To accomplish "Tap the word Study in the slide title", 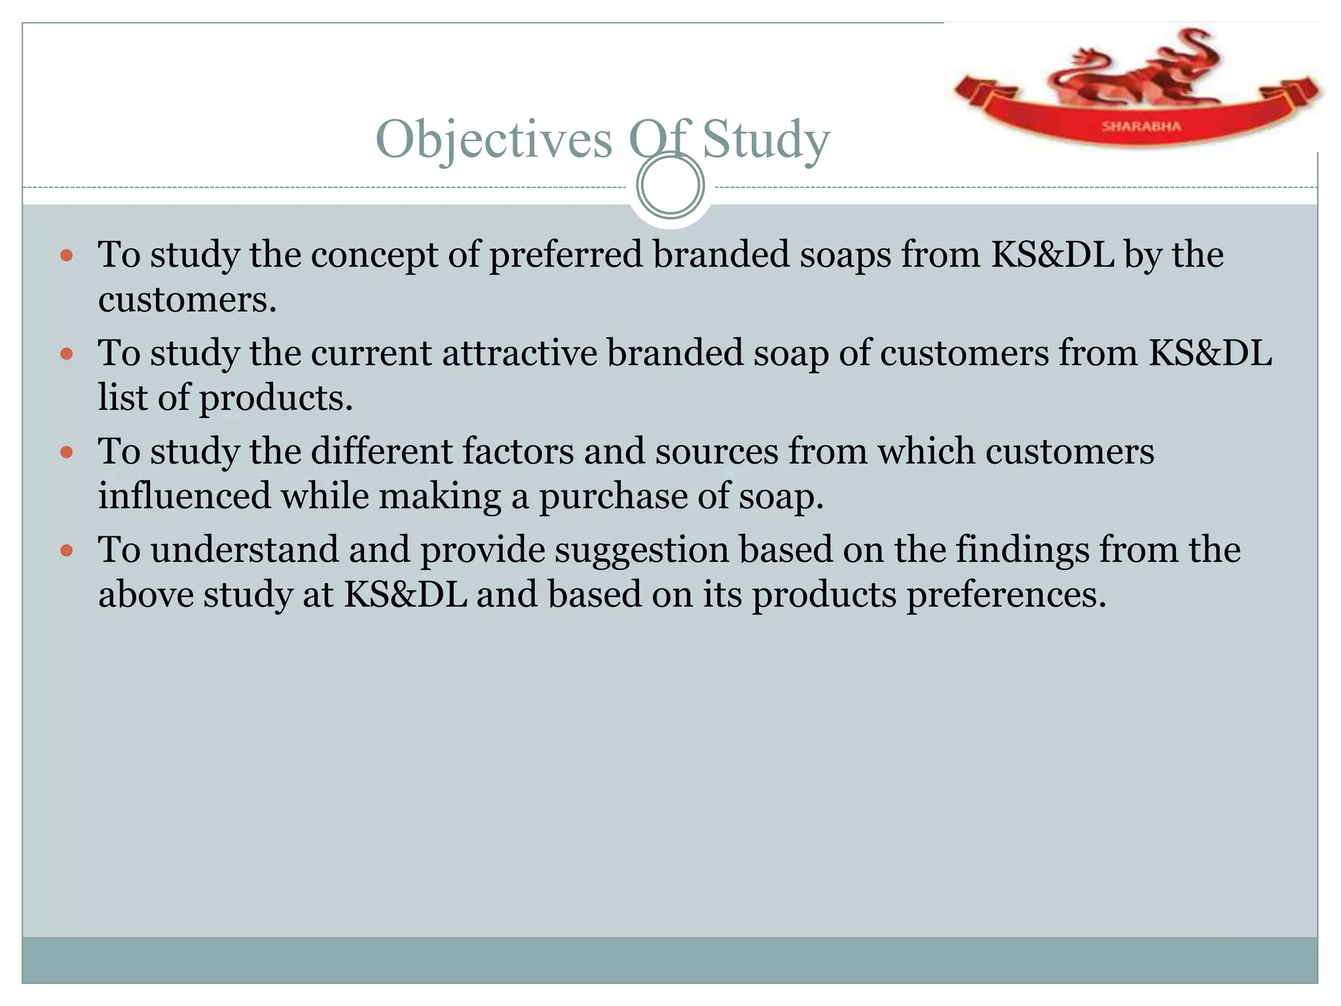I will [x=765, y=140].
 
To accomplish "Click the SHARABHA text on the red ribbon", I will [x=1141, y=126].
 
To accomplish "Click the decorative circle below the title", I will [x=670, y=185].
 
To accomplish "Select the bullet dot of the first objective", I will [x=66, y=255].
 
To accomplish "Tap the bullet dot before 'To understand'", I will [x=66, y=550].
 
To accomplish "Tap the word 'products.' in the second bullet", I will [x=276, y=398].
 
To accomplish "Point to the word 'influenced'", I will [x=184, y=496].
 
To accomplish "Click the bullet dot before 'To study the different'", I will [x=66, y=452].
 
